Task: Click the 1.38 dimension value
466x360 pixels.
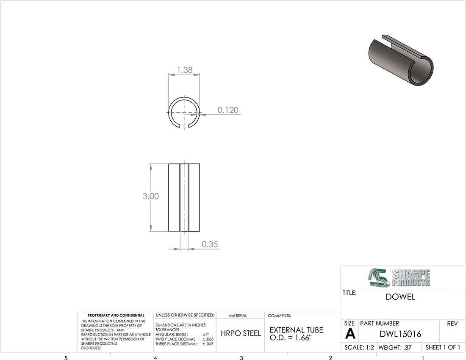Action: pos(185,70)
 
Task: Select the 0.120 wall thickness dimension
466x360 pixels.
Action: pos(228,110)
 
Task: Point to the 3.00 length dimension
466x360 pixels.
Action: pos(151,196)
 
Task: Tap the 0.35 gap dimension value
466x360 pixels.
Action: pos(210,244)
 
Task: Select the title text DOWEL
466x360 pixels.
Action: pos(400,297)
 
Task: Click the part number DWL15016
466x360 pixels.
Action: pos(400,334)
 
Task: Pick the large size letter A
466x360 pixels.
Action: pos(350,334)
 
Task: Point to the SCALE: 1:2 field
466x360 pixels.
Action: pos(359,347)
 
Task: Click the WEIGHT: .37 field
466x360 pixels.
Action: pos(395,347)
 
